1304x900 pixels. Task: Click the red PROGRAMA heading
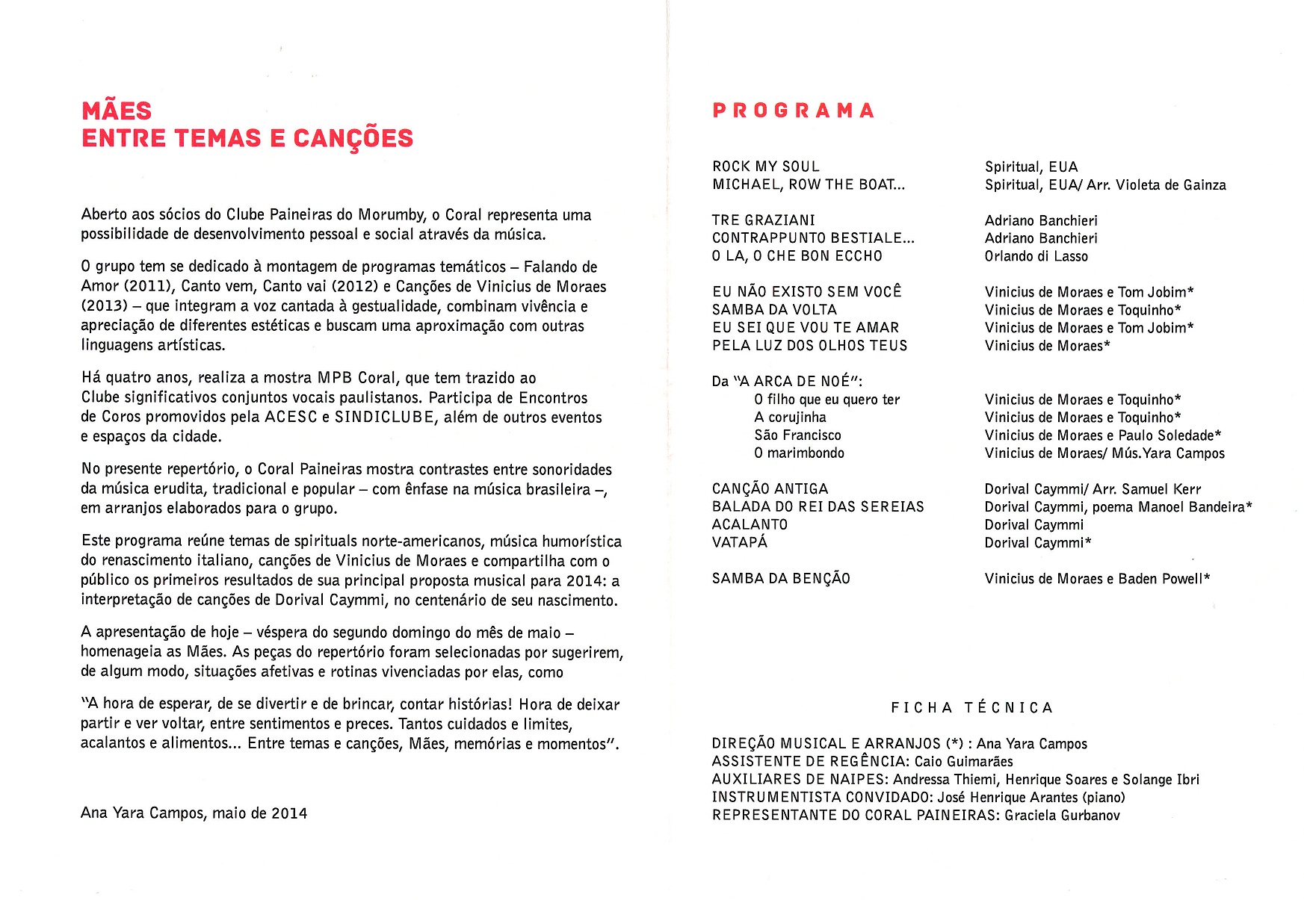click(793, 111)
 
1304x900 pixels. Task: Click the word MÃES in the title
click(117, 111)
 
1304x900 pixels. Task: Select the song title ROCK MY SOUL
click(766, 167)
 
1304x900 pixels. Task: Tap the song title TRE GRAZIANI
click(763, 220)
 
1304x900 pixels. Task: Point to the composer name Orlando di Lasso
click(1036, 256)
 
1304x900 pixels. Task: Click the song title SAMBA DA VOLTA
click(774, 310)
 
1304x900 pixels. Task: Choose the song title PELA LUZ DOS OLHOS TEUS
click(809, 346)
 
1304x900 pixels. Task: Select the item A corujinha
click(790, 418)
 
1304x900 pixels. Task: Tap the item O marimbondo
click(799, 453)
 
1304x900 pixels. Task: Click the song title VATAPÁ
click(740, 542)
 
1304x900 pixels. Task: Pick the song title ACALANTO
click(750, 525)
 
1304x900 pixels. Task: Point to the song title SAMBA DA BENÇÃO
click(781, 579)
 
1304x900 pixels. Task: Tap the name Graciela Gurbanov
click(1062, 816)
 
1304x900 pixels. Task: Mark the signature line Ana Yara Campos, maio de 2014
click(194, 813)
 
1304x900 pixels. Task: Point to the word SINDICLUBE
click(384, 418)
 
